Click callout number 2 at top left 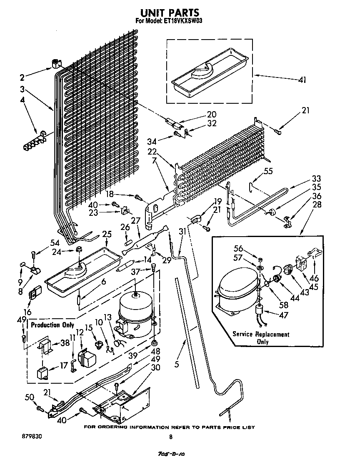pyautogui.click(x=22, y=77)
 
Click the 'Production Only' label pyautogui.click(x=52, y=325)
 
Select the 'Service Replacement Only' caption pyautogui.click(x=260, y=338)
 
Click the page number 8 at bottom pyautogui.click(x=171, y=437)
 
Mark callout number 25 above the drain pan pyautogui.click(x=107, y=234)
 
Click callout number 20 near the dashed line pyautogui.click(x=212, y=114)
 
